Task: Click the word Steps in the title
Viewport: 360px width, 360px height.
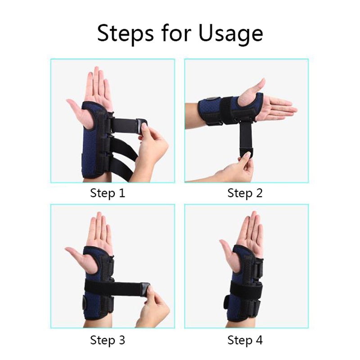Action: point(126,33)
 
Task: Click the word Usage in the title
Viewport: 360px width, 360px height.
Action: point(230,33)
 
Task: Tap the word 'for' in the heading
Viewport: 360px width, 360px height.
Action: point(176,32)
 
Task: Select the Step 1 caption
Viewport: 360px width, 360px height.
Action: point(108,193)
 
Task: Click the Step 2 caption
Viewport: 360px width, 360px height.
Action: point(245,193)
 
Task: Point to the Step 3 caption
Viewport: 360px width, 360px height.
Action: point(108,340)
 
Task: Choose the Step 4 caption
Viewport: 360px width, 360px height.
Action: point(245,340)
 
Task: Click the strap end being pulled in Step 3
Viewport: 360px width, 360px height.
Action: point(144,289)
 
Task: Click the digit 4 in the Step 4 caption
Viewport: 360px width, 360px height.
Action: point(259,340)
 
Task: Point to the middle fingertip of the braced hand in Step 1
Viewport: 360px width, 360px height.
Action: point(96,68)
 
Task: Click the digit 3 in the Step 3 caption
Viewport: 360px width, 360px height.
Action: point(121,340)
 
